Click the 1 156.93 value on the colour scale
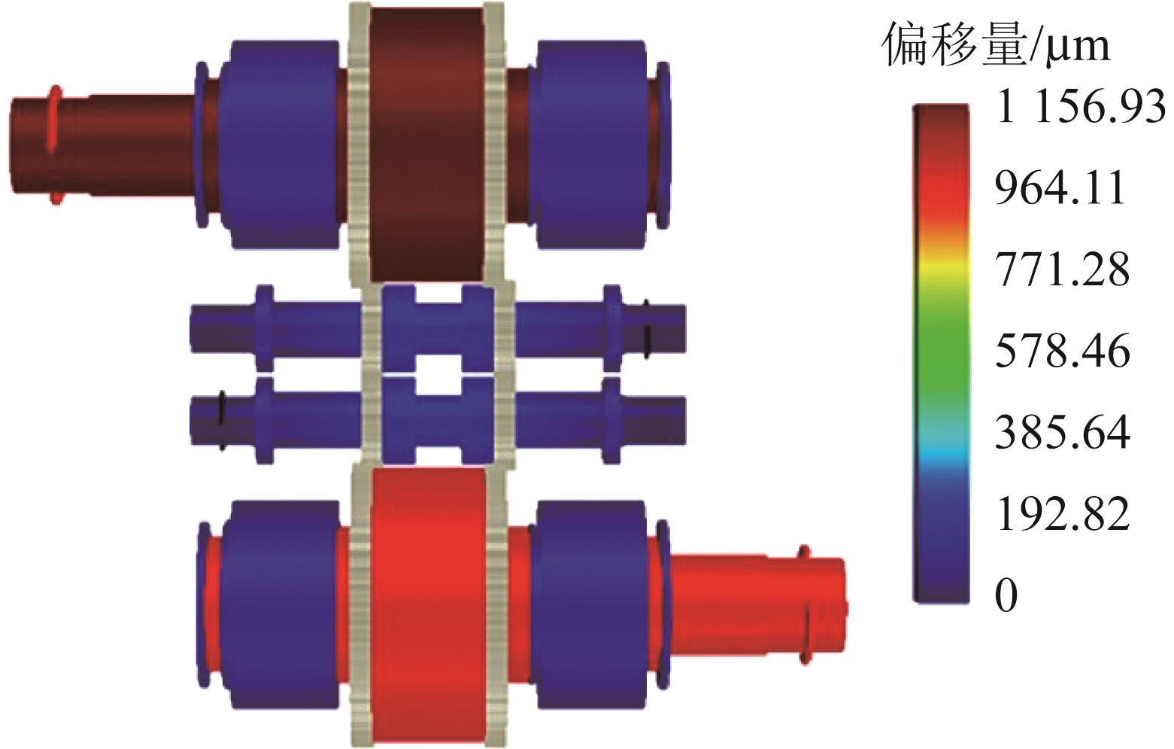click(x=1081, y=108)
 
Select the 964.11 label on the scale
click(x=1060, y=187)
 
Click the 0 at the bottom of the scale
click(x=1006, y=596)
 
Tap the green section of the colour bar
click(x=942, y=346)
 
